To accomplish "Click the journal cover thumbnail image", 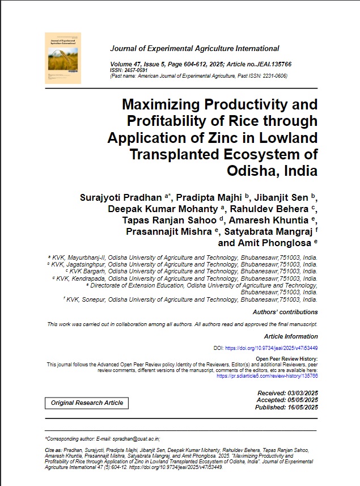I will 63,58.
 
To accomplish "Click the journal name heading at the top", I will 194,49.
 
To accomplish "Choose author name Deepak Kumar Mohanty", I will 151,209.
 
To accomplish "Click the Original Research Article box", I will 87,403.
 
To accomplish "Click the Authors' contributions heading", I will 285,312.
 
